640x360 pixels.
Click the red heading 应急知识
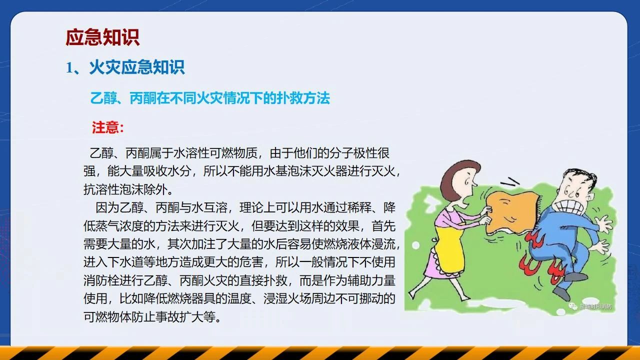click(x=102, y=37)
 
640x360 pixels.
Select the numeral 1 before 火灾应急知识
click(x=69, y=68)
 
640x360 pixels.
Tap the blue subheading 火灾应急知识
click(x=137, y=67)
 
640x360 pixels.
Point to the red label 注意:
click(x=107, y=127)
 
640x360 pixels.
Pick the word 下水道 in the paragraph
click(x=125, y=262)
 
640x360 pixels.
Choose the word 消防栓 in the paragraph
click(x=101, y=280)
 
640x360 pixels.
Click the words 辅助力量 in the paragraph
click(x=371, y=280)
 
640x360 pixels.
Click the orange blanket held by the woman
click(x=511, y=212)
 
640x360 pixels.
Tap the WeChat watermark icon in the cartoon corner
click(x=572, y=306)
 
